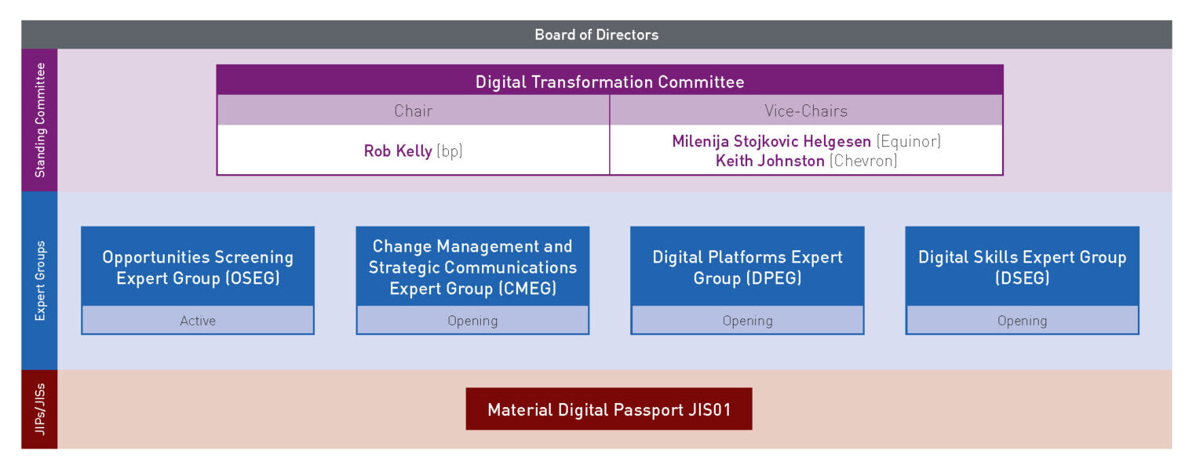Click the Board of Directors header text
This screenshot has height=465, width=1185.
(596, 35)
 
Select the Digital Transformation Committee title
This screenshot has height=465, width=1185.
(610, 82)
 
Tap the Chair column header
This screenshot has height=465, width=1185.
(413, 111)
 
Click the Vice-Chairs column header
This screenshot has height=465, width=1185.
(806, 111)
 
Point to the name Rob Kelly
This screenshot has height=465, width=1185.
(398, 151)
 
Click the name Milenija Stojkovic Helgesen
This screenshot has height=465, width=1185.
(771, 142)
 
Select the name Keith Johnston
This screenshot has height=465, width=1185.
(770, 161)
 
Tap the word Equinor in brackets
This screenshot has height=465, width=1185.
(908, 142)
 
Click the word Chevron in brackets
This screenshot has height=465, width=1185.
(863, 161)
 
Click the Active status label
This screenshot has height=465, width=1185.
(197, 321)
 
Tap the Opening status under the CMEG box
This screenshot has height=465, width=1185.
(472, 321)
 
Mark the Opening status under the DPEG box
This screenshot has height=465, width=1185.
(748, 321)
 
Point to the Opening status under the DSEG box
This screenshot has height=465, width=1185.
(1022, 321)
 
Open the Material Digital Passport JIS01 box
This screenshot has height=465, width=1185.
(609, 409)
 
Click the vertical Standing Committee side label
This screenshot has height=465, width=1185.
(40, 120)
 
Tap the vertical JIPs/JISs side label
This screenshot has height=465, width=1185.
(40, 409)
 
